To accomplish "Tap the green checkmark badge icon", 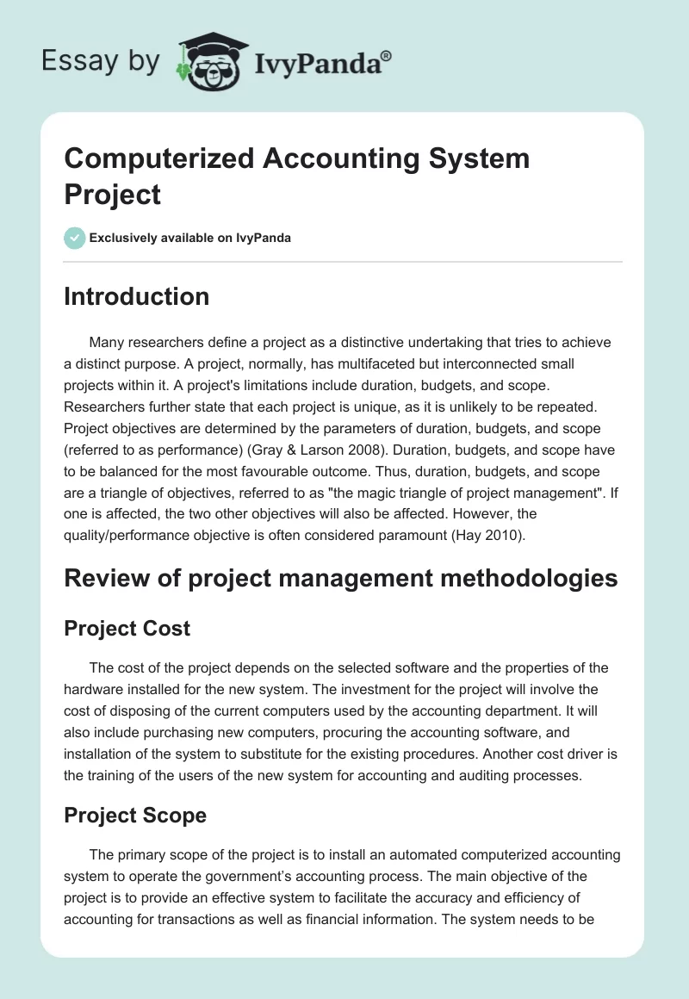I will [75, 238].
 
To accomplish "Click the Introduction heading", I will [136, 296].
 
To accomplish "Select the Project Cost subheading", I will [127, 629].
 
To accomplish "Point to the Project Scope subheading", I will [135, 815].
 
